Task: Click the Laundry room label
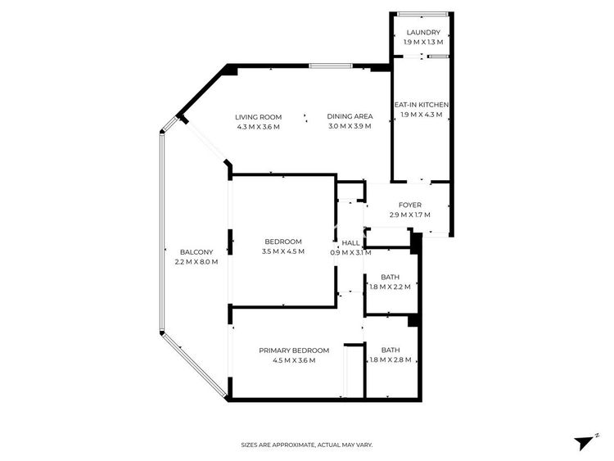coord(423,33)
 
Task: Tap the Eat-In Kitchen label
coord(422,105)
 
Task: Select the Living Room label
coord(259,117)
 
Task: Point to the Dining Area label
coord(350,116)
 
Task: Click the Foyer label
coord(410,205)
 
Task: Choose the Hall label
coord(350,243)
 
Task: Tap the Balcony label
coord(196,252)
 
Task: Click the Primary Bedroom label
coord(294,350)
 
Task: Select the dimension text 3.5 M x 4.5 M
coord(283,251)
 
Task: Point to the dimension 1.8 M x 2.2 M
coord(390,287)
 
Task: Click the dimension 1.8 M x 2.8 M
coord(391,359)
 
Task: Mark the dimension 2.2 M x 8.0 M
coord(196,262)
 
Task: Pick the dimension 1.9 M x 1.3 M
coord(423,43)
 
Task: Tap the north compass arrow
coord(584,442)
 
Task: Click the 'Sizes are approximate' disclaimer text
coord(307,445)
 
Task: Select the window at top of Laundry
coord(422,14)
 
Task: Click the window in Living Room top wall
coord(331,66)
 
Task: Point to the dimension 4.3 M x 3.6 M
coord(259,127)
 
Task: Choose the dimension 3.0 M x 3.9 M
coord(350,126)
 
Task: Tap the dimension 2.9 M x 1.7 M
coord(410,215)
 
